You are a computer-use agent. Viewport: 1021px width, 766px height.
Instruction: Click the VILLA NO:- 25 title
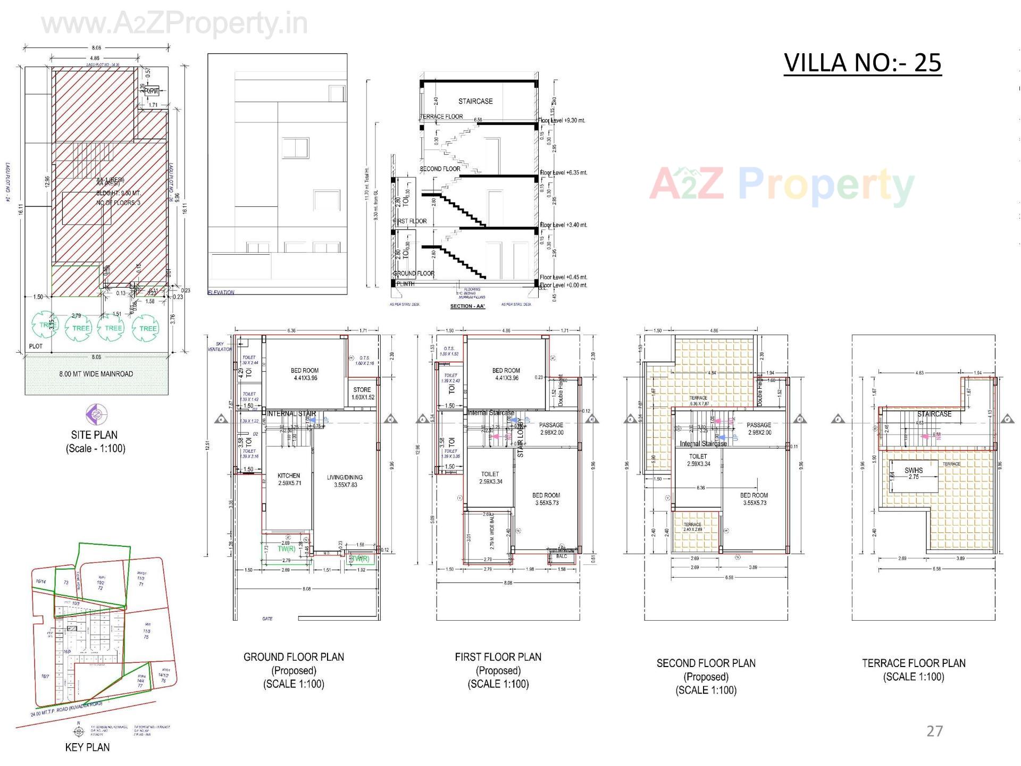(x=862, y=63)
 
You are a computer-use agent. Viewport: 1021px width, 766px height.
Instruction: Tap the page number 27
(x=934, y=731)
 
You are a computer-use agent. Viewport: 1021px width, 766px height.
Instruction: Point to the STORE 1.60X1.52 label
(x=362, y=393)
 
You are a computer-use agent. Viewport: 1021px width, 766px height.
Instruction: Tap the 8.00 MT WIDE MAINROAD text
(x=96, y=373)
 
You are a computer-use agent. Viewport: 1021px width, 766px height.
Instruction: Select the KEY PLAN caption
(x=87, y=747)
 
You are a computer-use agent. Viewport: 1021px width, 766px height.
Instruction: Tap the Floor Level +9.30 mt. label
(x=562, y=120)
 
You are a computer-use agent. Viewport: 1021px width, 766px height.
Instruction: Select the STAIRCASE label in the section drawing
(x=475, y=101)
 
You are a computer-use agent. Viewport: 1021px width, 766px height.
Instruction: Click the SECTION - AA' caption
(x=468, y=306)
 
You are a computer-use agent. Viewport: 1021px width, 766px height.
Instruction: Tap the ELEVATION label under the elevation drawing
(x=221, y=293)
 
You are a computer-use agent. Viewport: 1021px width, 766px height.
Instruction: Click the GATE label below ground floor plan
(x=267, y=619)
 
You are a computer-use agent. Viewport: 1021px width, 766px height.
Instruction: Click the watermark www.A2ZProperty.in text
(x=174, y=23)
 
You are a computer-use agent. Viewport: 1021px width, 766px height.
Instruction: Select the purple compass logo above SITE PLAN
(x=96, y=413)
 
